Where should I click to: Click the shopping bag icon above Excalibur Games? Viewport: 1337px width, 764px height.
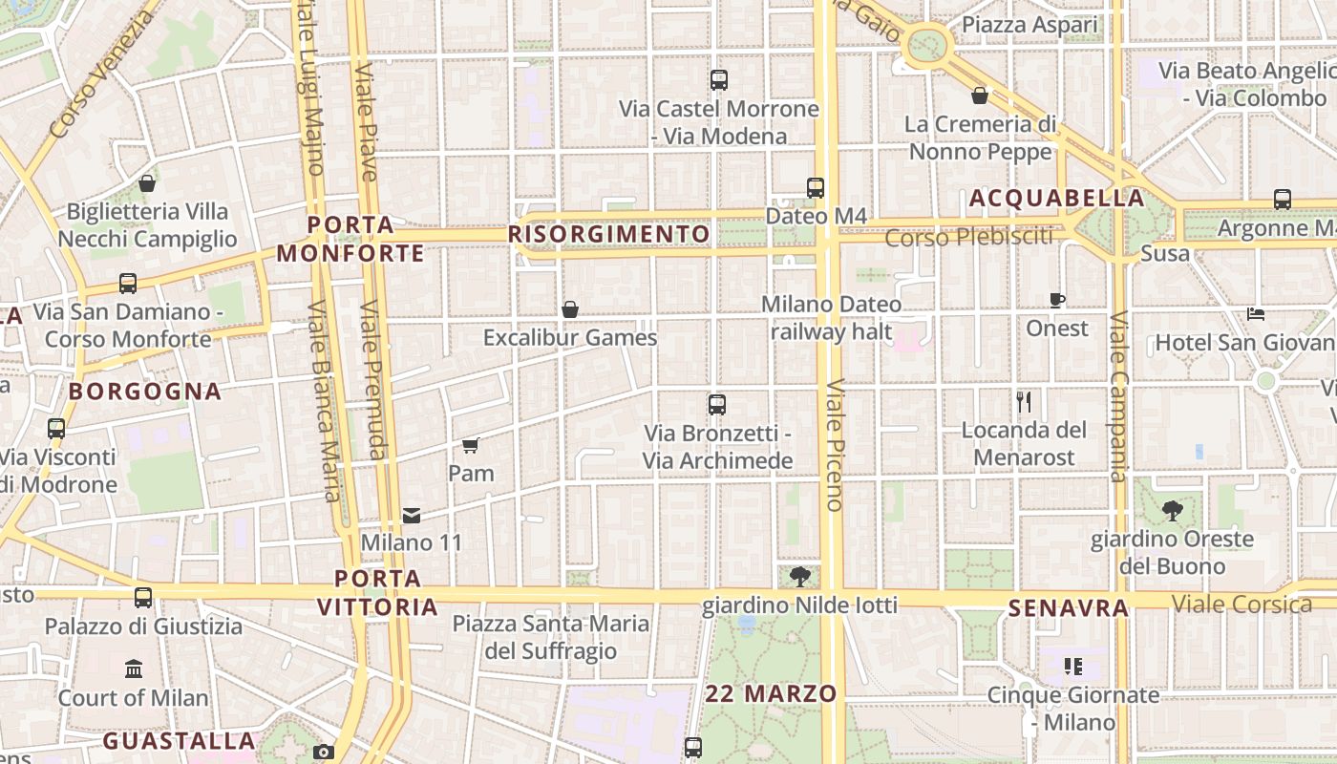[x=570, y=309]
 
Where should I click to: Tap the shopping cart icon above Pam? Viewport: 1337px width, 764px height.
[x=470, y=445]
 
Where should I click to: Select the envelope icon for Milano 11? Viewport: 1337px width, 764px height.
[x=412, y=516]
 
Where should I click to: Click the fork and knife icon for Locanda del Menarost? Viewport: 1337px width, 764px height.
[x=1024, y=402]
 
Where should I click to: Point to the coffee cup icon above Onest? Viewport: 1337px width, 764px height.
[x=1057, y=300]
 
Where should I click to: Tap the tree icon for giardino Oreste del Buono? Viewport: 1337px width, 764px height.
[x=1172, y=511]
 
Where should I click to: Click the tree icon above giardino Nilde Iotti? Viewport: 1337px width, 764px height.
[x=800, y=576]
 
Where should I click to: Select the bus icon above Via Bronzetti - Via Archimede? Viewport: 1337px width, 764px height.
[x=717, y=405]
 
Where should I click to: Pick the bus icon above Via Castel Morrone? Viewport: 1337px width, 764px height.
[x=719, y=80]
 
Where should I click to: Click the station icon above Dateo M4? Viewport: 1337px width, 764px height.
[x=815, y=188]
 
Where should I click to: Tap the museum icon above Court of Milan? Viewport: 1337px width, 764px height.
[x=134, y=668]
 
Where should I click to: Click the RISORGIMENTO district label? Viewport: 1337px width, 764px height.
[x=609, y=234]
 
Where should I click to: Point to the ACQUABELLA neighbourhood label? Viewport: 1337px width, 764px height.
[x=1056, y=199]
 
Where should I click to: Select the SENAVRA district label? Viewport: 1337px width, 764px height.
[x=1069, y=608]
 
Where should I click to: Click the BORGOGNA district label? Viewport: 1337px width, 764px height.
[x=145, y=392]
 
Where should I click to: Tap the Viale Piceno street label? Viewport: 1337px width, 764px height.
[x=835, y=445]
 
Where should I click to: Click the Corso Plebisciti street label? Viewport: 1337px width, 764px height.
[x=968, y=237]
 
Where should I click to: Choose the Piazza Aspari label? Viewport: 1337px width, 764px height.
[x=1029, y=25]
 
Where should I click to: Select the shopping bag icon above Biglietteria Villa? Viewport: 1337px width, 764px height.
[x=147, y=183]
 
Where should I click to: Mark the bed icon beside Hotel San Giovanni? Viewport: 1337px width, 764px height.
[x=1256, y=314]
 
